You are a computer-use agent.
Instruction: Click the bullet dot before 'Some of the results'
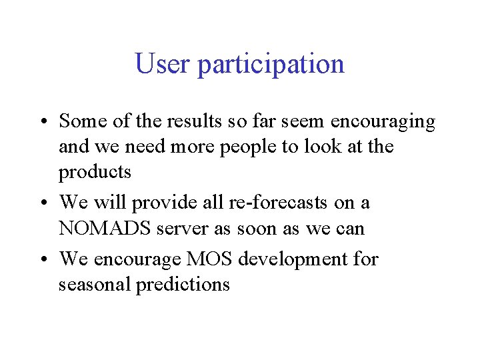(x=43, y=123)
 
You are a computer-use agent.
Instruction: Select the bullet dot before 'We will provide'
(x=43, y=203)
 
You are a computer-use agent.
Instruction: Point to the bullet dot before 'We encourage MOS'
(x=43, y=259)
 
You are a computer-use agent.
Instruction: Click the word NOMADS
(x=103, y=229)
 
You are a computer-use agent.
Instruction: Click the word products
(x=95, y=173)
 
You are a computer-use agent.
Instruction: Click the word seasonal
(x=95, y=285)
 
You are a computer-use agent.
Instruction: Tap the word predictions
(x=183, y=285)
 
